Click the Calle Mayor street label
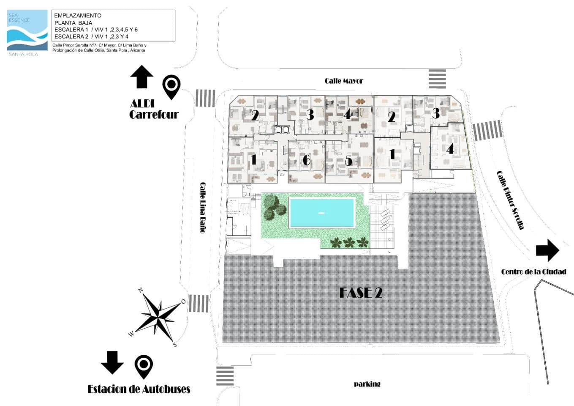pyautogui.click(x=343, y=81)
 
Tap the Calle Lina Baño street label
pyautogui.click(x=203, y=207)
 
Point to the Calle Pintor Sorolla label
pyautogui.click(x=510, y=200)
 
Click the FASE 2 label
pyautogui.click(x=361, y=293)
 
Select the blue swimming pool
pyautogui.click(x=322, y=213)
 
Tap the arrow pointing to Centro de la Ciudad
pyautogui.click(x=547, y=250)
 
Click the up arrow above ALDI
pyautogui.click(x=141, y=77)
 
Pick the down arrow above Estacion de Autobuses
pyautogui.click(x=112, y=362)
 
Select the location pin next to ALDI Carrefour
pyautogui.click(x=171, y=86)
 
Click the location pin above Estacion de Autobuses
pyautogui.click(x=144, y=366)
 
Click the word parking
pyautogui.click(x=367, y=384)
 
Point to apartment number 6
pyautogui.click(x=307, y=160)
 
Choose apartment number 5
pyautogui.click(x=348, y=161)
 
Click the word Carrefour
pyautogui.click(x=154, y=115)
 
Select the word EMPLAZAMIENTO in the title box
pyautogui.click(x=78, y=16)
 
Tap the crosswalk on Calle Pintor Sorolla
pyautogui.click(x=487, y=130)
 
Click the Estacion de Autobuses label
pyautogui.click(x=139, y=389)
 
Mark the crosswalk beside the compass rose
pyautogui.click(x=199, y=303)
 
